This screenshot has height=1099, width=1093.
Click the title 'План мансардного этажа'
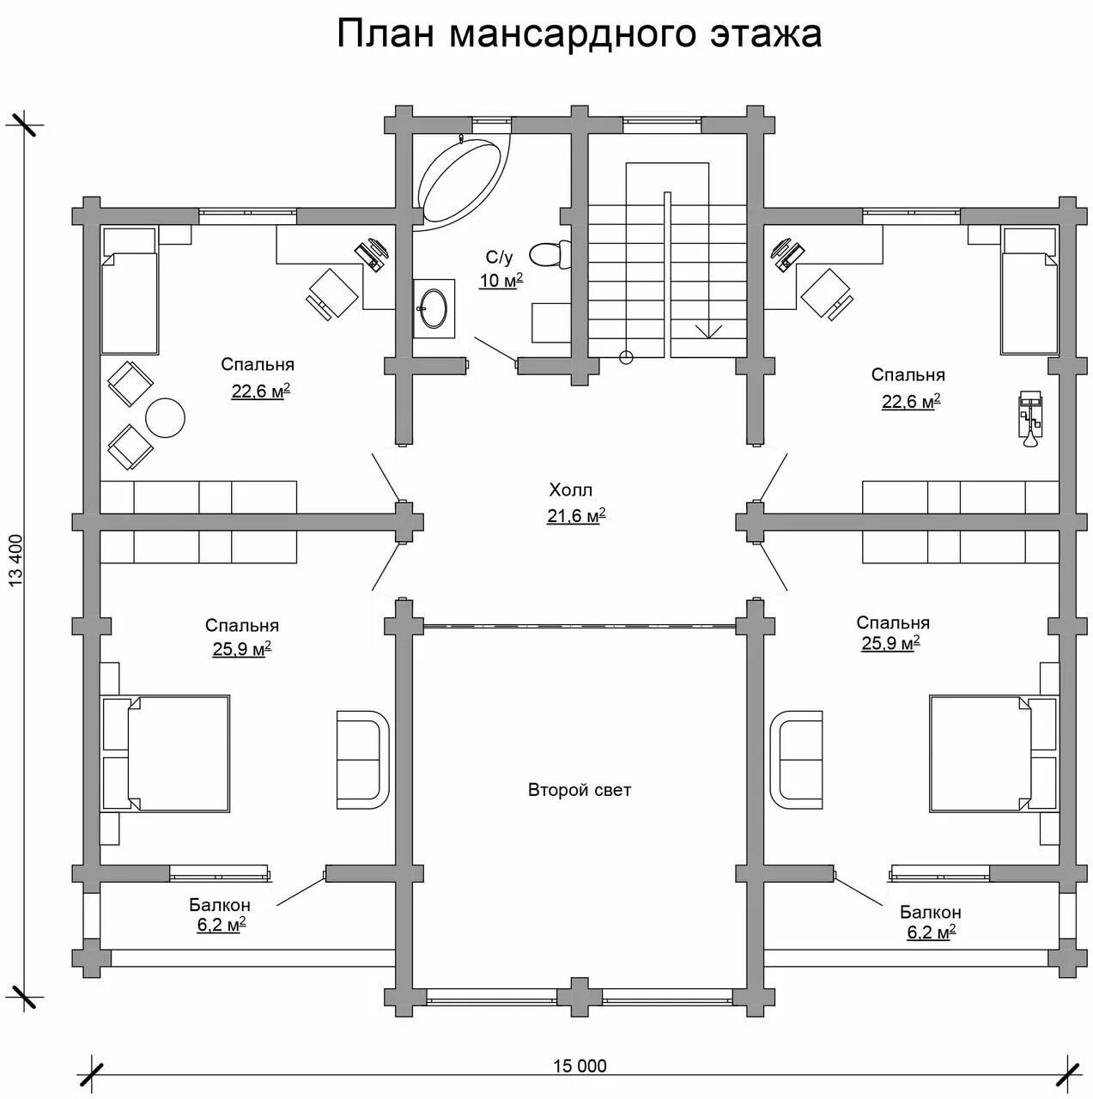[x=579, y=34]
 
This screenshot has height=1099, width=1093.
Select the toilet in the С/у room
[x=546, y=254]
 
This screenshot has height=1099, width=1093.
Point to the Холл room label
[x=571, y=490]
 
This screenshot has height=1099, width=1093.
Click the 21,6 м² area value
[x=576, y=516]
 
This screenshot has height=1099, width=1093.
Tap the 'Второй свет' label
[x=580, y=790]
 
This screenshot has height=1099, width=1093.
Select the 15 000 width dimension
[x=580, y=1066]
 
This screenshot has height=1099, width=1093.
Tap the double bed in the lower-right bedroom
[x=981, y=753]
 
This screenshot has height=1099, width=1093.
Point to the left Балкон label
[x=220, y=905]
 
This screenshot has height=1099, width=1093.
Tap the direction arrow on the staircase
[x=708, y=329]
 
